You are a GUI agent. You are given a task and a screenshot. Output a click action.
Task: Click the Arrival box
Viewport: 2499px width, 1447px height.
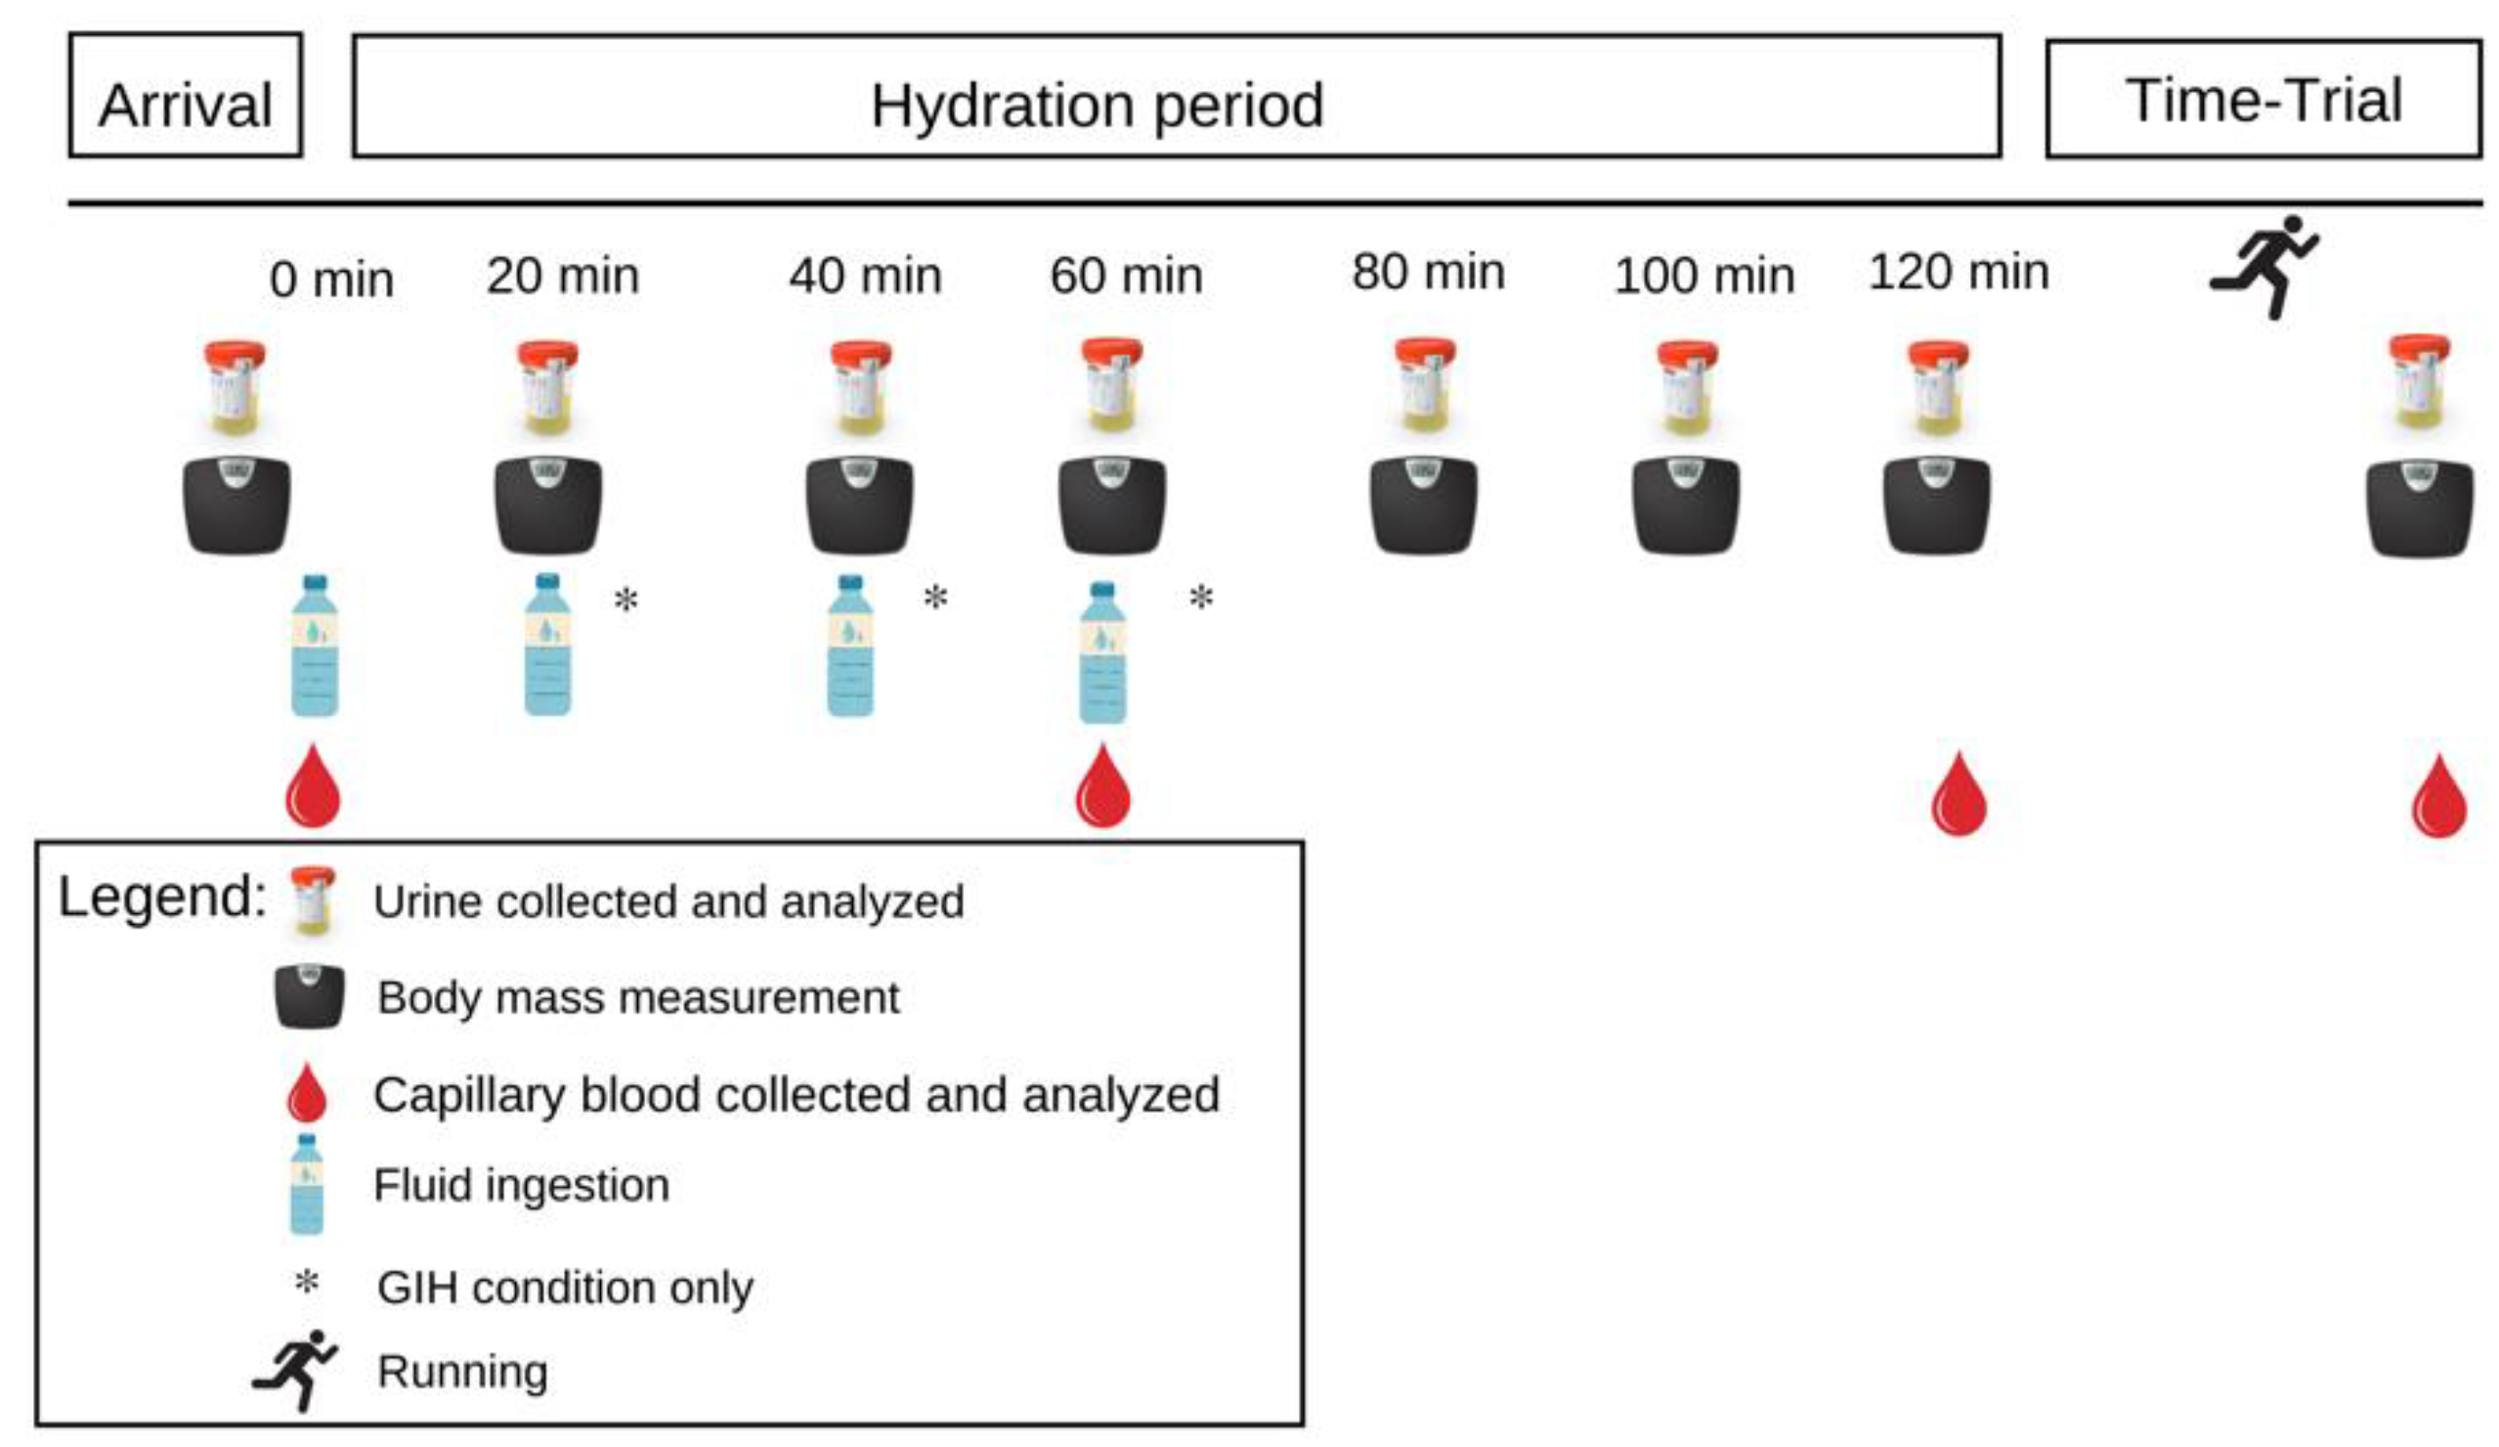(186, 96)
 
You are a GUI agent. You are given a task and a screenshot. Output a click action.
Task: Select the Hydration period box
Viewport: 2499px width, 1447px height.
(1176, 97)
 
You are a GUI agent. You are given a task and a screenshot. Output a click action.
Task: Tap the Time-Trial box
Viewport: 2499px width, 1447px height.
(2264, 99)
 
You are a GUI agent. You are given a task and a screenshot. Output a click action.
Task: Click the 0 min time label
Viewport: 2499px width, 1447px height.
(331, 280)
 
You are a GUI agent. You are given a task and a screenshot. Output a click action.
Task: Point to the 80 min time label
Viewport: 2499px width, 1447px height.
(1428, 273)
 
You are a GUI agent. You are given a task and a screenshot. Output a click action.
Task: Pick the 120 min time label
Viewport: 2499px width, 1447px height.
(1959, 273)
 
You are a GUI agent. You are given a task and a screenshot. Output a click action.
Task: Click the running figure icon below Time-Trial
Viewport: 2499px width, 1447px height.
(2264, 266)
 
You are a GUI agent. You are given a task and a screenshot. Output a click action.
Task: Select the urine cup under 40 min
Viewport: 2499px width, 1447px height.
(861, 388)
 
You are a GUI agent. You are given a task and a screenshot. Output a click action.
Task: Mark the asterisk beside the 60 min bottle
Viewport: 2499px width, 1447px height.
(1201, 598)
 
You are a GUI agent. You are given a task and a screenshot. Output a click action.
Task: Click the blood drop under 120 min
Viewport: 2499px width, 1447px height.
(1959, 795)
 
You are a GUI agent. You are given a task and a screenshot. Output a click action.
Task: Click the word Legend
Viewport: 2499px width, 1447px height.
(161, 897)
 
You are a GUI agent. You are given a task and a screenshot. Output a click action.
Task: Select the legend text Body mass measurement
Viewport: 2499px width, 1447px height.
(638, 997)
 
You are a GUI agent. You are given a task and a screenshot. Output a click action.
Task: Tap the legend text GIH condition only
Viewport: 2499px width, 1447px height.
(565, 1288)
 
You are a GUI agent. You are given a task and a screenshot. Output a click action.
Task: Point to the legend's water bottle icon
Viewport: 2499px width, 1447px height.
(307, 1183)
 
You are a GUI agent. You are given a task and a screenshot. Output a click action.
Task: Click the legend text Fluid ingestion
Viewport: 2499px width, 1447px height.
(522, 1185)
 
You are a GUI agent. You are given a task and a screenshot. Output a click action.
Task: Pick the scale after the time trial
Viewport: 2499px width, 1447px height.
(2419, 507)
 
